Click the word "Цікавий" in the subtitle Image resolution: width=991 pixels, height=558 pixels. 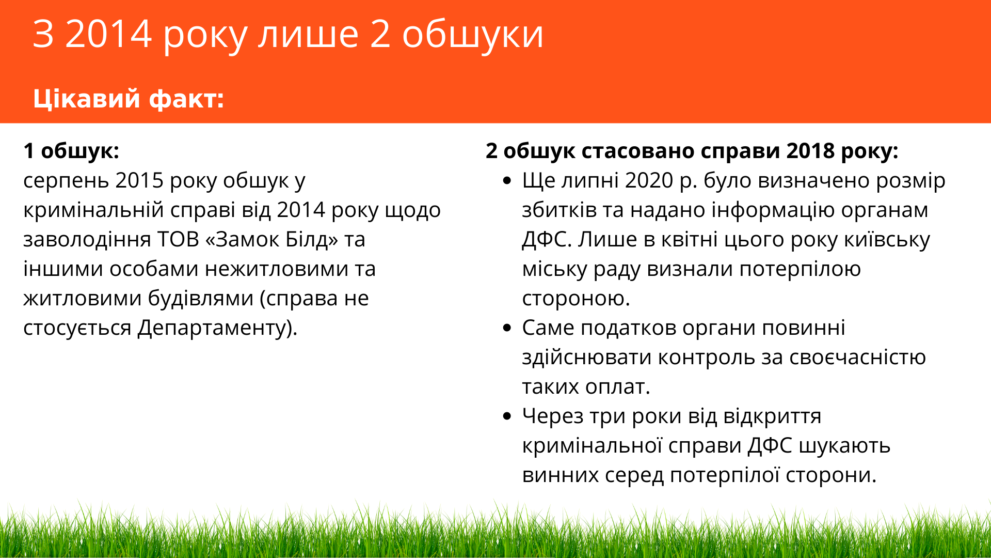click(87, 99)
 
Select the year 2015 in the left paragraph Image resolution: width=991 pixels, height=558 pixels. click(139, 180)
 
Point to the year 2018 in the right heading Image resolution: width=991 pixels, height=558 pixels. click(810, 151)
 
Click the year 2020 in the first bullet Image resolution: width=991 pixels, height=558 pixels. click(649, 180)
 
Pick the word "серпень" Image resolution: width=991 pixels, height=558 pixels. click(66, 181)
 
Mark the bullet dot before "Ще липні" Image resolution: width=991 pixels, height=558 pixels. click(507, 181)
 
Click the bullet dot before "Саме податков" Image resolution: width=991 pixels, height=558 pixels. click(507, 328)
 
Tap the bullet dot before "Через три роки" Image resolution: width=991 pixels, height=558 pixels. click(507, 416)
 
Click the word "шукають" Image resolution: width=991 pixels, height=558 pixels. click(844, 446)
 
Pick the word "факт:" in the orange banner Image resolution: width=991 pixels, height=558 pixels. click(186, 99)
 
